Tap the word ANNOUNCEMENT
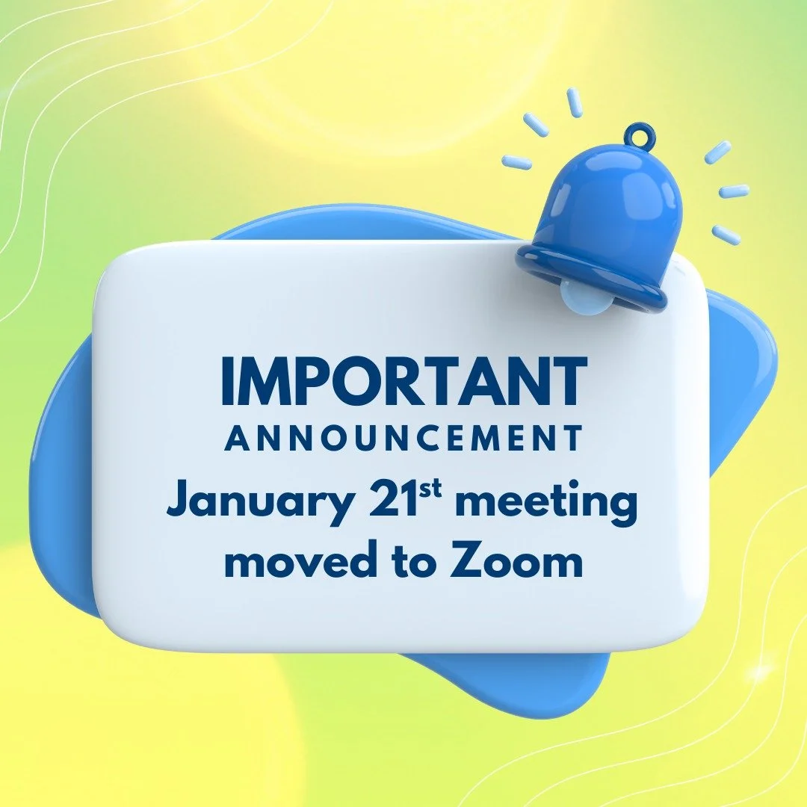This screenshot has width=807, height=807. [403, 439]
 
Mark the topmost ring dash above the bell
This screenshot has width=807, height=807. [574, 102]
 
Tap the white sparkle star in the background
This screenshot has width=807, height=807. [760, 672]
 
